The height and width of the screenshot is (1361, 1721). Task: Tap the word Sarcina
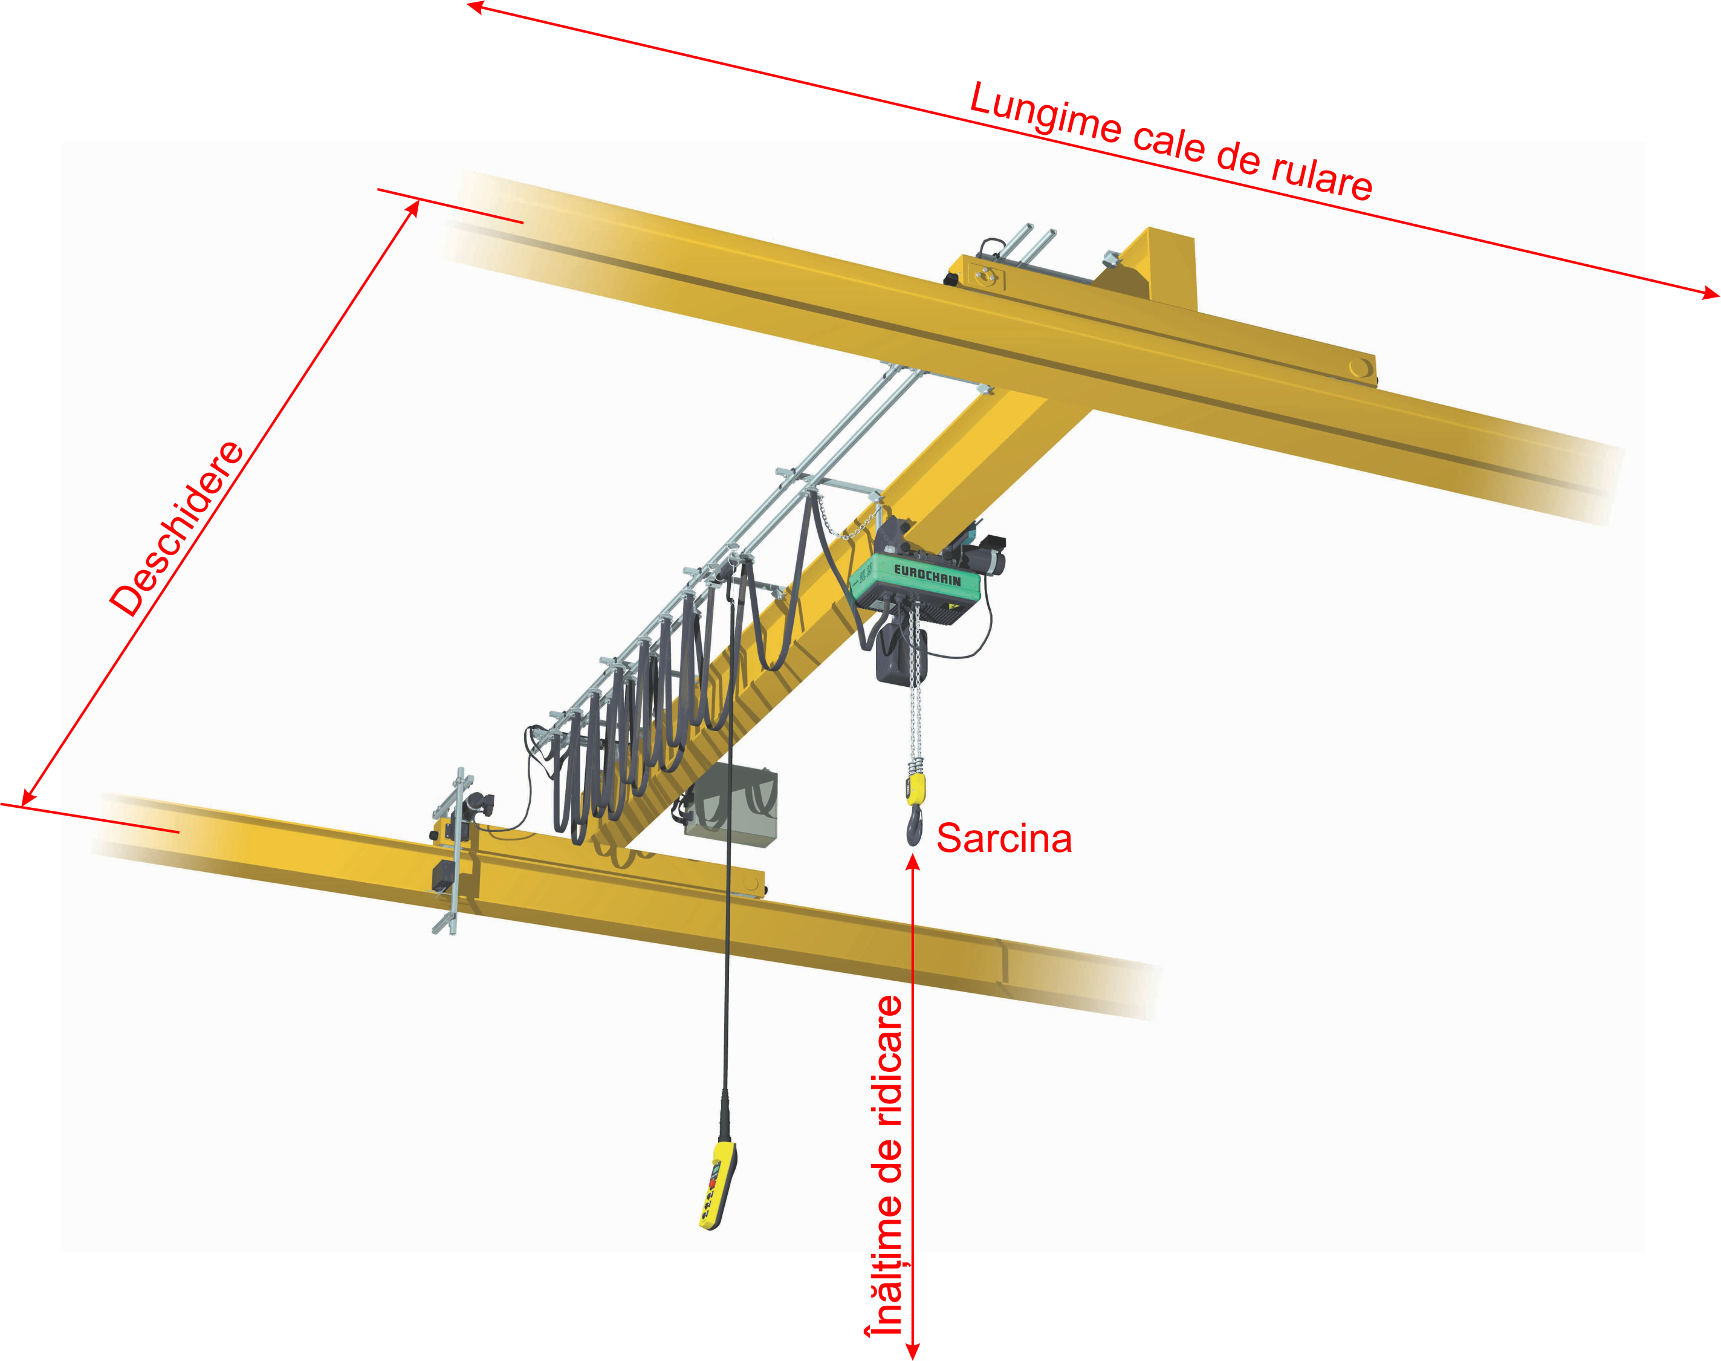click(x=1004, y=838)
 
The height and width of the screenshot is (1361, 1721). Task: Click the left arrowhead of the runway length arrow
click(x=476, y=7)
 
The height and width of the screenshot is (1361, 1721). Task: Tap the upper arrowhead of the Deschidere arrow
click(x=413, y=209)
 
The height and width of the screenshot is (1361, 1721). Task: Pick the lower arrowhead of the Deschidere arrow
click(x=28, y=797)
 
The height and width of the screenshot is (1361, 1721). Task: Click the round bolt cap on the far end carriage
click(x=1360, y=368)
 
